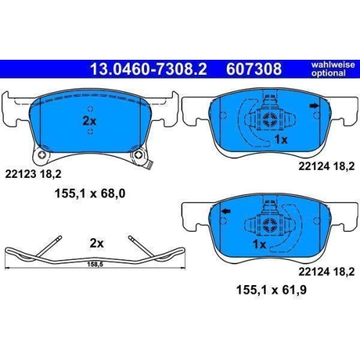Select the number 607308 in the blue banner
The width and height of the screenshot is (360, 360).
point(253,69)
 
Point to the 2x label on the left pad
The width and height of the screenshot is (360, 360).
point(89,122)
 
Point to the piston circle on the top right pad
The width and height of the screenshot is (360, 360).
point(271,119)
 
